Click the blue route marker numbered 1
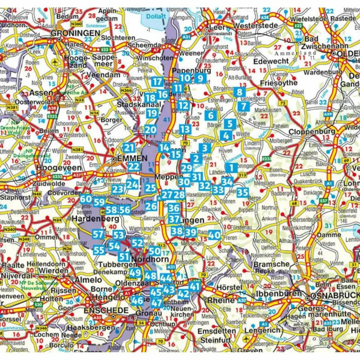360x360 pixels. click(231, 168)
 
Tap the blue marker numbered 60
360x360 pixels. click(86, 199)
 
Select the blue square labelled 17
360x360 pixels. click(157, 82)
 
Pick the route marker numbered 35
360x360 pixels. click(243, 192)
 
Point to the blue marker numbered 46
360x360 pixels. click(137, 300)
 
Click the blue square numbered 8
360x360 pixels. click(239, 92)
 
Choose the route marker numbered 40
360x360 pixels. click(214, 234)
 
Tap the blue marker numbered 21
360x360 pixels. click(129, 148)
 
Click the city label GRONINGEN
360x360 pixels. click(75, 33)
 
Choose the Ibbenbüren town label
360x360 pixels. click(279, 293)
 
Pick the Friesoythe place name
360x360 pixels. click(278, 83)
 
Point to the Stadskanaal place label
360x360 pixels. click(139, 104)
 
